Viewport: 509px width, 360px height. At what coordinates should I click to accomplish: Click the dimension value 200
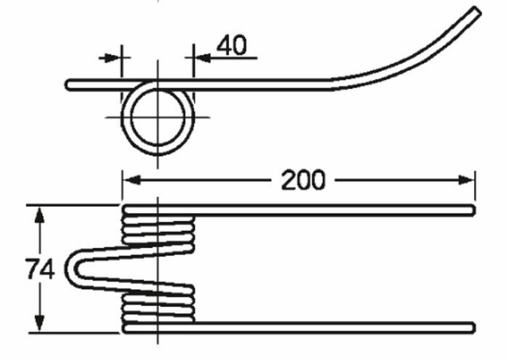click(302, 180)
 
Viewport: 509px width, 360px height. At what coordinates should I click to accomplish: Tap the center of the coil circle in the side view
click(160, 118)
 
